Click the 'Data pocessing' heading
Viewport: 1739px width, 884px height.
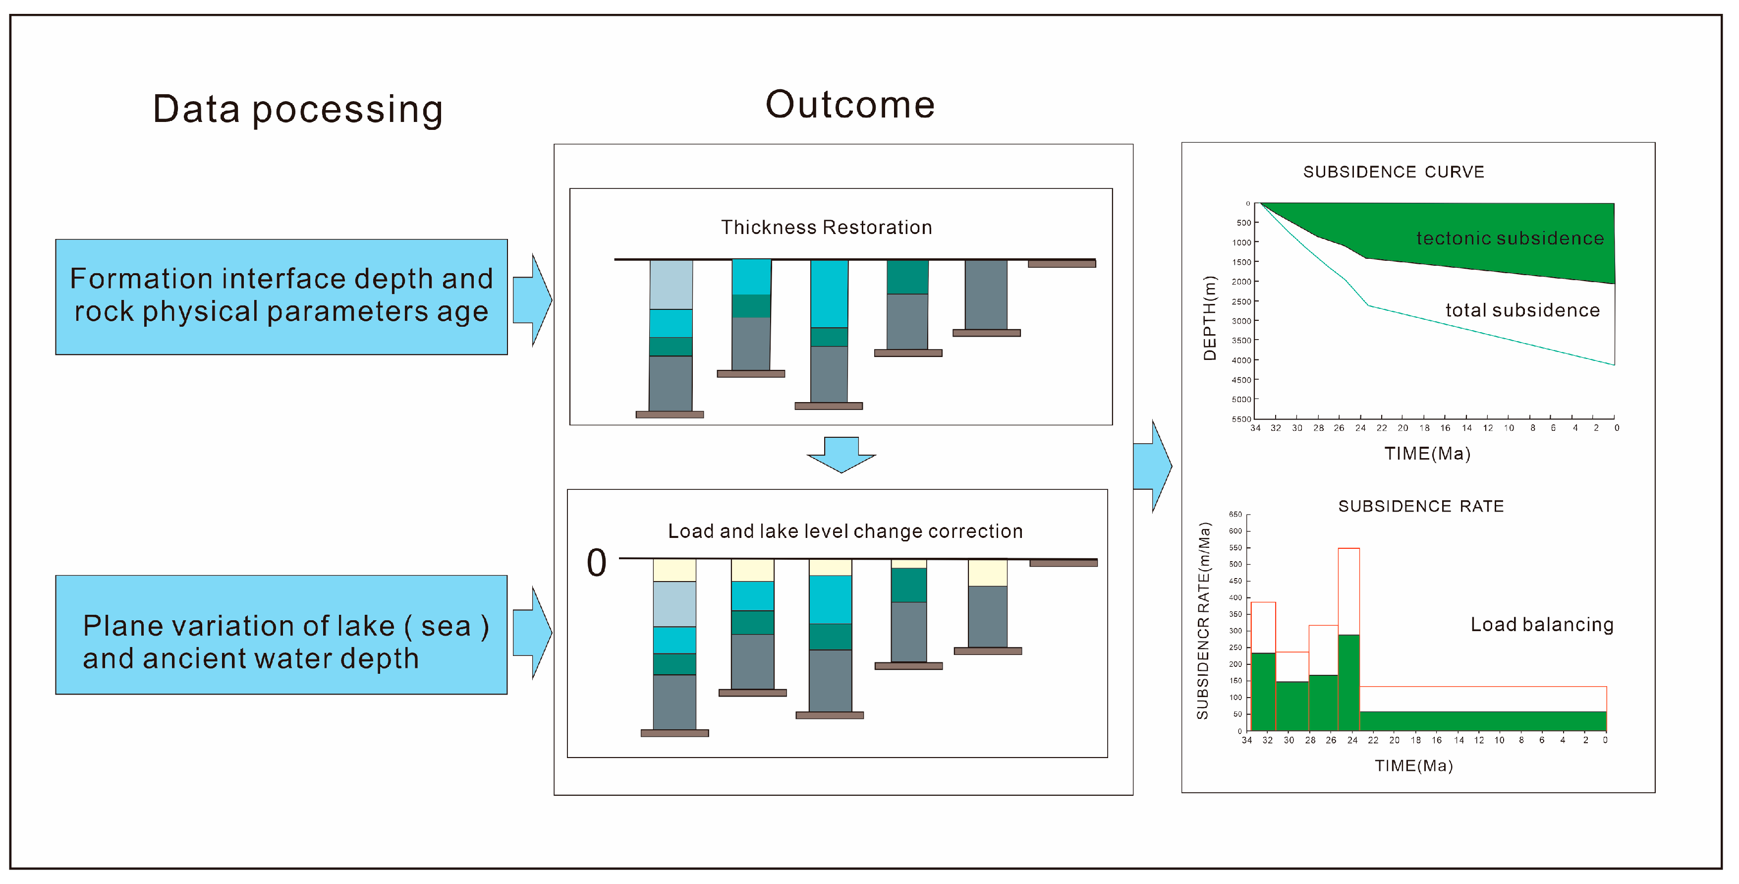pyautogui.click(x=298, y=110)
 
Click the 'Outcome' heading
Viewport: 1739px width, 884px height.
pyautogui.click(x=850, y=105)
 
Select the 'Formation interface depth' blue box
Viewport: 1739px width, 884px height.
pyautogui.click(x=281, y=296)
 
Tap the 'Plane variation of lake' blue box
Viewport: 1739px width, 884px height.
pyautogui.click(x=281, y=635)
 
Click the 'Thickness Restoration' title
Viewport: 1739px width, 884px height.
pyautogui.click(x=826, y=228)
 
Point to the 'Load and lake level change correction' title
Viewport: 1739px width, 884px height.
pyautogui.click(x=845, y=531)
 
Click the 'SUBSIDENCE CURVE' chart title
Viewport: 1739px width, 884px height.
pyautogui.click(x=1394, y=172)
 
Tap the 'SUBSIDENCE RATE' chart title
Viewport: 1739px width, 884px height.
pyautogui.click(x=1421, y=507)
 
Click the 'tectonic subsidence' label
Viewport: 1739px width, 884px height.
pyautogui.click(x=1510, y=238)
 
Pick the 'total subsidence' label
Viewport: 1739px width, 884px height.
pyautogui.click(x=1522, y=311)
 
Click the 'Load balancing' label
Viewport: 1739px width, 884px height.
pyautogui.click(x=1542, y=625)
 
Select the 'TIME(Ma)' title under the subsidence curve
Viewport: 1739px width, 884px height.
pyautogui.click(x=1427, y=454)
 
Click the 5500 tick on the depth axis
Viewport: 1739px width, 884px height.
pyautogui.click(x=1241, y=419)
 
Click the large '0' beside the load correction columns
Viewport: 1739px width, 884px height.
pyautogui.click(x=597, y=563)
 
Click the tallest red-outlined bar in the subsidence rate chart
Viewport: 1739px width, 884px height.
pyautogui.click(x=1349, y=591)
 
